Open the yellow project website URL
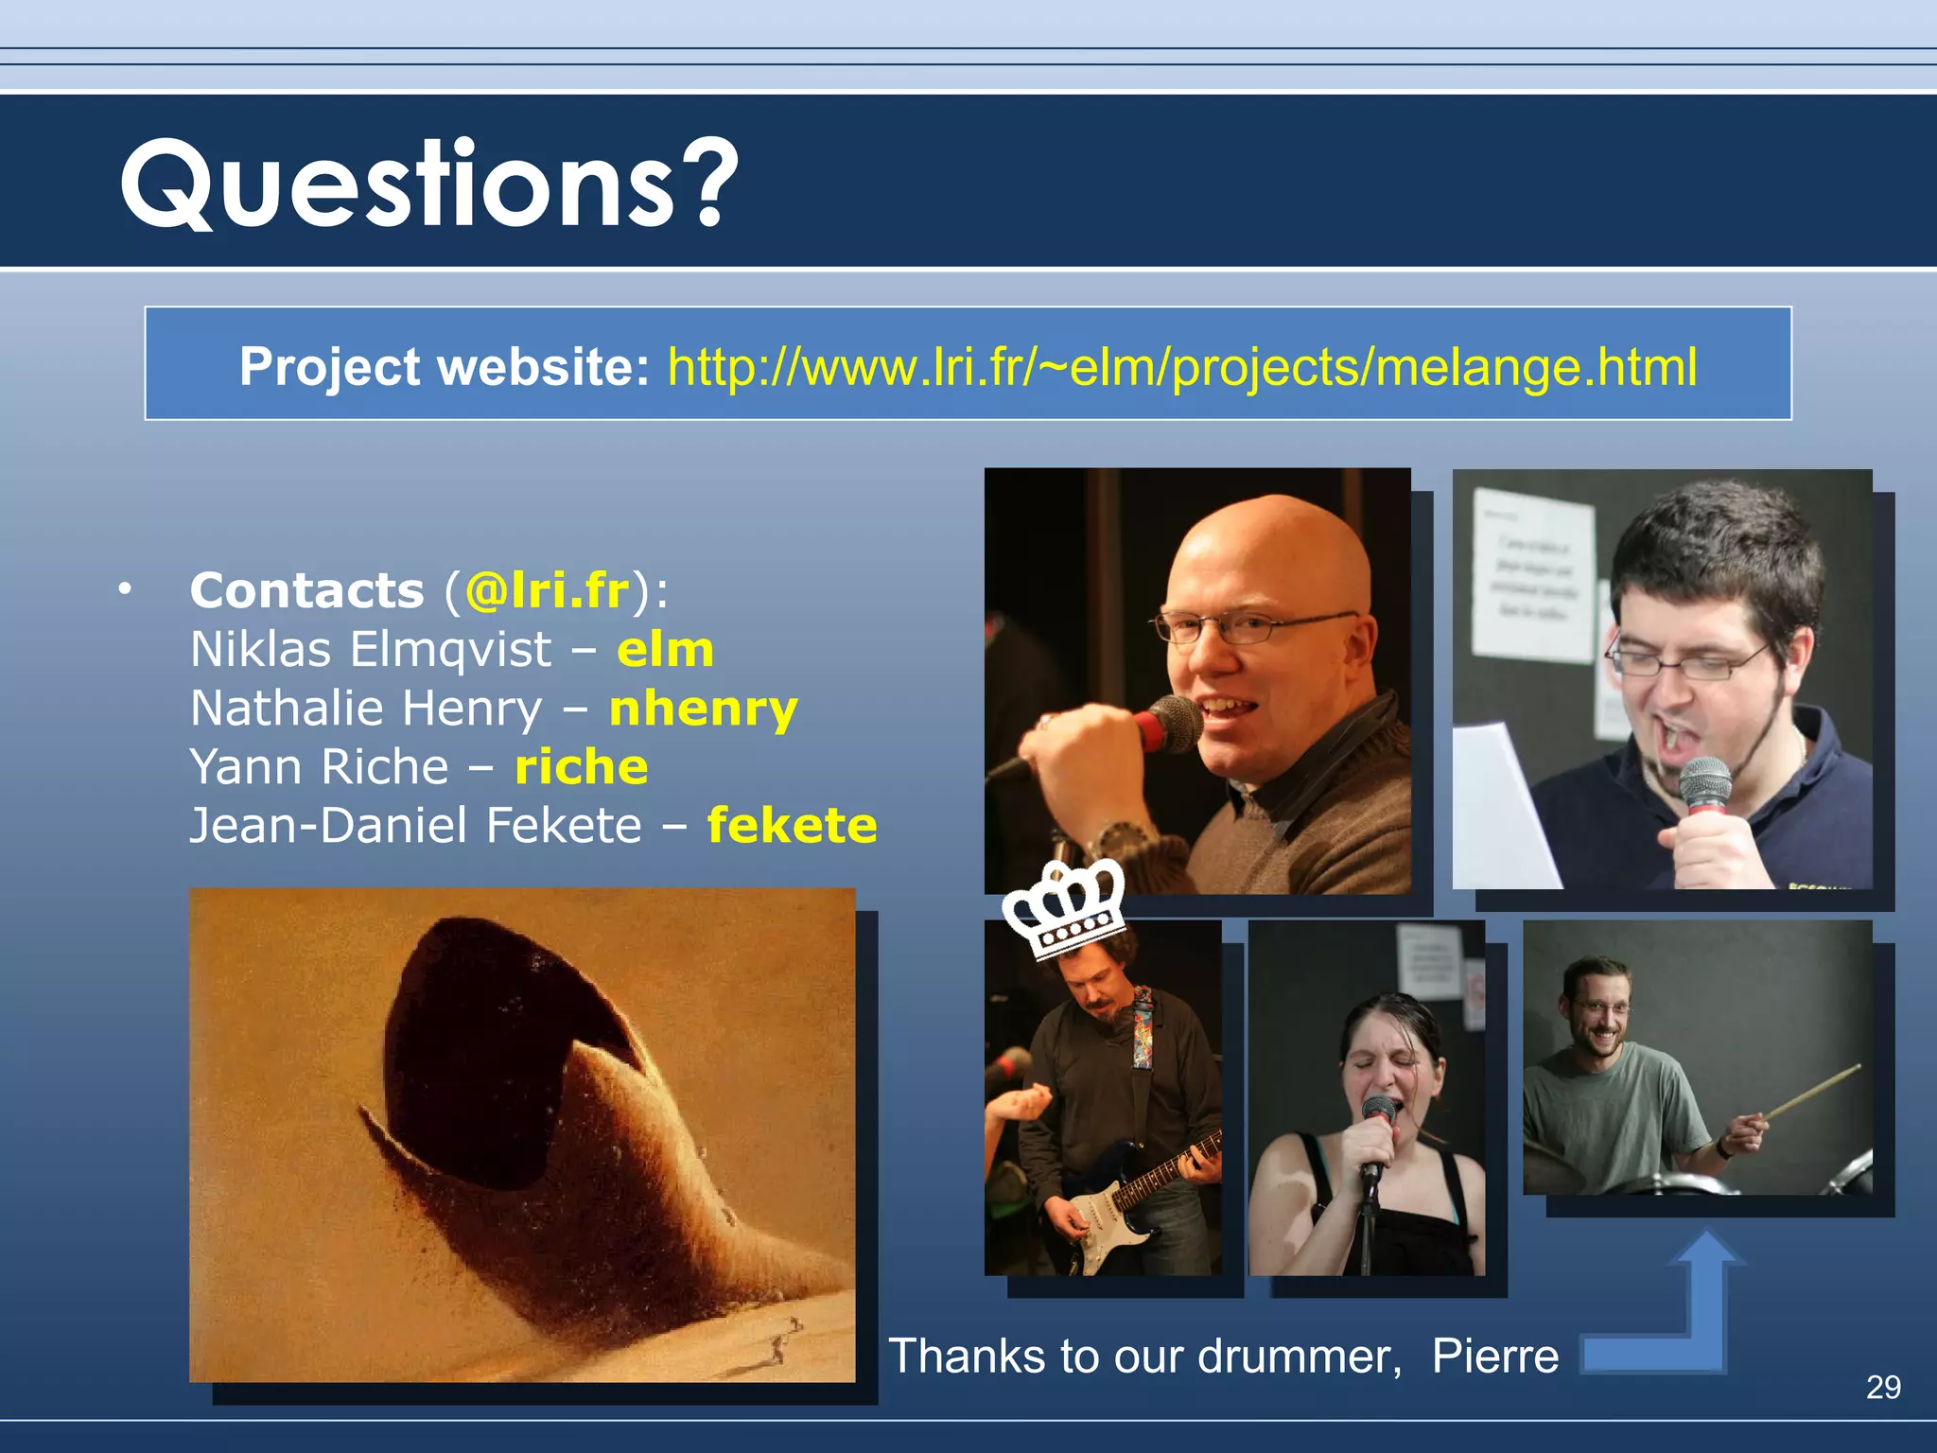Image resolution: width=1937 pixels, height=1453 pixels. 1181,367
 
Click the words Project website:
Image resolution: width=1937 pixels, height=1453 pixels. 444,367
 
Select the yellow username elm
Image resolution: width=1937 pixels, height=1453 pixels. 665,650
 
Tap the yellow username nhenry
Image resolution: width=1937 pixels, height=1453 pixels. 704,709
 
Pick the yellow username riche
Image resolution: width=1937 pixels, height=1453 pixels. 581,767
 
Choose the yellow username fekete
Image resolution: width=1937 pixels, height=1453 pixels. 792,826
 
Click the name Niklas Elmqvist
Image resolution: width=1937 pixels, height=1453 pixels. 371,650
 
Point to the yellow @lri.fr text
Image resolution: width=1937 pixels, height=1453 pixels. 547,591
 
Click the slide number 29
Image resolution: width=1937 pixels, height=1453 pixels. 1883,1387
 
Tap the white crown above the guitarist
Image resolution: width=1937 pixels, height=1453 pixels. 1063,910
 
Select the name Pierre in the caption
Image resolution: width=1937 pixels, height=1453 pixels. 1494,1357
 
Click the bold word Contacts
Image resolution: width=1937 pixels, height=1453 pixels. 306,591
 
